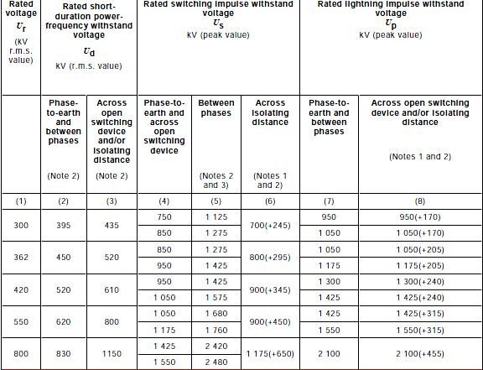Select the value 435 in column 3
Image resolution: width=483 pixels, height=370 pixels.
click(112, 227)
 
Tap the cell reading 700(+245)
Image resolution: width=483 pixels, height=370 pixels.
click(270, 227)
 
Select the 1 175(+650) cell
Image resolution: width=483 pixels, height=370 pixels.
click(270, 354)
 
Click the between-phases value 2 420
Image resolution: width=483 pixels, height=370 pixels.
click(216, 345)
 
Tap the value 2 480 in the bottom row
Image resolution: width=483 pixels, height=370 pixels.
click(216, 362)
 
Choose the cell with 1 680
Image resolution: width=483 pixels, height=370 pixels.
click(216, 313)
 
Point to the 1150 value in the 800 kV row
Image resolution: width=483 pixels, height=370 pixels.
click(112, 354)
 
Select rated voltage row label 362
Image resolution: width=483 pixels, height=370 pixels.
click(20, 258)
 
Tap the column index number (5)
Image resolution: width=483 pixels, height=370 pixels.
click(216, 201)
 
